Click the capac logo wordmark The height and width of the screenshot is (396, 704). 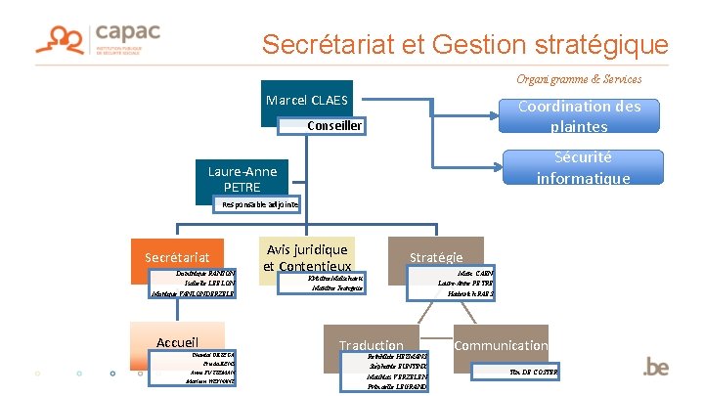127,32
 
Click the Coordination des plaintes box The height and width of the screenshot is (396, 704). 579,116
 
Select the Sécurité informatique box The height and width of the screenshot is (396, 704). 579,167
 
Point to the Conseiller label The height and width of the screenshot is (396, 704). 334,125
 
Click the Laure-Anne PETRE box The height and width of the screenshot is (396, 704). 242,178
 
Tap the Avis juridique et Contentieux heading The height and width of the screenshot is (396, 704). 306,258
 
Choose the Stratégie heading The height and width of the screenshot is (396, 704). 436,257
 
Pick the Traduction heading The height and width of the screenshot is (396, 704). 371,345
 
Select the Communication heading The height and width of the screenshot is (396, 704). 501,345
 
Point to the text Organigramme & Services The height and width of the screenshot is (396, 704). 580,78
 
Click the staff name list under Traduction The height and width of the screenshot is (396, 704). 384,373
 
